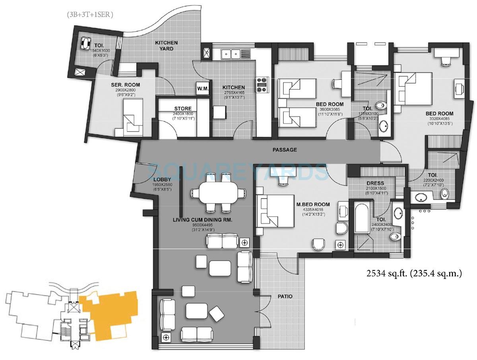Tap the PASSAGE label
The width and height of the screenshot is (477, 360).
click(x=285, y=150)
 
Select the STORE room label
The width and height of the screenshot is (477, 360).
click(x=182, y=108)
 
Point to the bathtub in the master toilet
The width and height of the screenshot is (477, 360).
click(x=362, y=219)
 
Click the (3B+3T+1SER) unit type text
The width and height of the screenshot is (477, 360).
click(x=90, y=15)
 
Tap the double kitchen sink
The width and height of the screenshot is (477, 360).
click(x=231, y=53)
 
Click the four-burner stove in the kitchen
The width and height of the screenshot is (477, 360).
click(x=262, y=85)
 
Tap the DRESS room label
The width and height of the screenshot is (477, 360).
click(x=376, y=183)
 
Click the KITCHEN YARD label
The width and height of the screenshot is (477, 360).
click(x=166, y=45)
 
